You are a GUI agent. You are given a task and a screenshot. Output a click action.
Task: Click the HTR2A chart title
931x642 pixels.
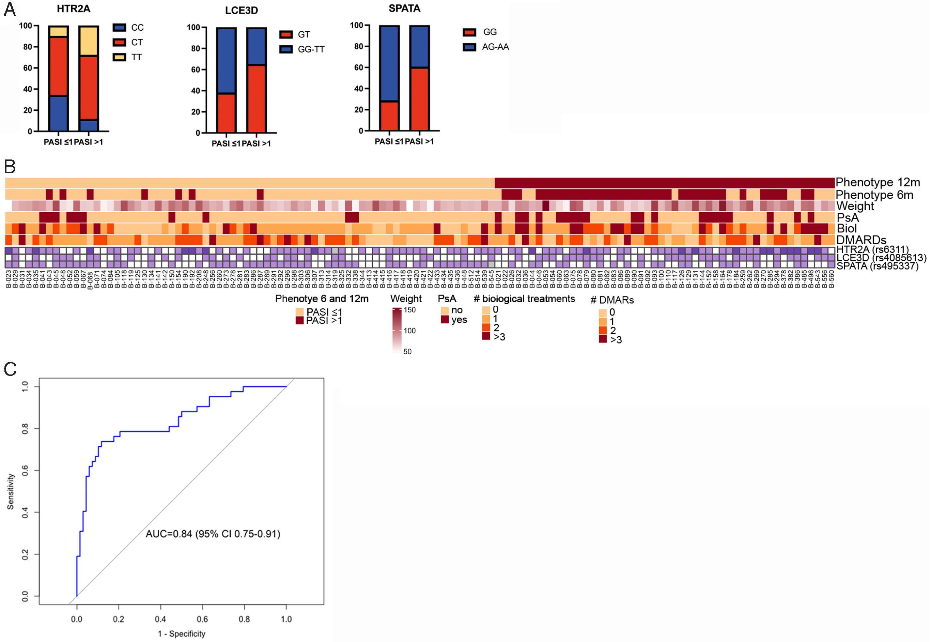point(73,9)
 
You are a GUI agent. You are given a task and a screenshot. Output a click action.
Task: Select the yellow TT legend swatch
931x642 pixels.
point(120,57)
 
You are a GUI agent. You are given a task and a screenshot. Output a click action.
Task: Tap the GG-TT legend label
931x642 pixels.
point(311,49)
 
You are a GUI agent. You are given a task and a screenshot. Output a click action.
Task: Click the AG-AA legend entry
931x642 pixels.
point(495,47)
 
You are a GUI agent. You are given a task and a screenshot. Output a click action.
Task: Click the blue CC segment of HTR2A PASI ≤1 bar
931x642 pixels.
point(58,113)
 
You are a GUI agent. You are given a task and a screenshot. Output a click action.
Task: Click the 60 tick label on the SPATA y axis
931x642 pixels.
point(358,67)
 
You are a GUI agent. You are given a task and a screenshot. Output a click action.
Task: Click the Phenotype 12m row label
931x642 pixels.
point(878,183)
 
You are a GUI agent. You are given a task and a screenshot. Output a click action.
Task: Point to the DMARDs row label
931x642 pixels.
point(862,240)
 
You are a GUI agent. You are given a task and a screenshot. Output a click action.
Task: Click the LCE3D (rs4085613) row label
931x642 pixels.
point(881,258)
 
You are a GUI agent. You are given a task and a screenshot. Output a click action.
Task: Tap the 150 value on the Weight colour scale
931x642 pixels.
point(409,310)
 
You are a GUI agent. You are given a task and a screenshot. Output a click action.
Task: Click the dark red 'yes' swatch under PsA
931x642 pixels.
point(445,320)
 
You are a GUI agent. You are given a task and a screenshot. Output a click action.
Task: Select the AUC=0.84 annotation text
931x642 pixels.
point(213,534)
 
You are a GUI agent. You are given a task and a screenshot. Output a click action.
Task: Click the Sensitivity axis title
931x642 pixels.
point(11,492)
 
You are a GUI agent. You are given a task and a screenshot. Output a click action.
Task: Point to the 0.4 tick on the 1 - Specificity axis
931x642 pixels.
point(160,619)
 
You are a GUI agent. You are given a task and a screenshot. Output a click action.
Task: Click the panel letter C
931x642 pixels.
point(10,369)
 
